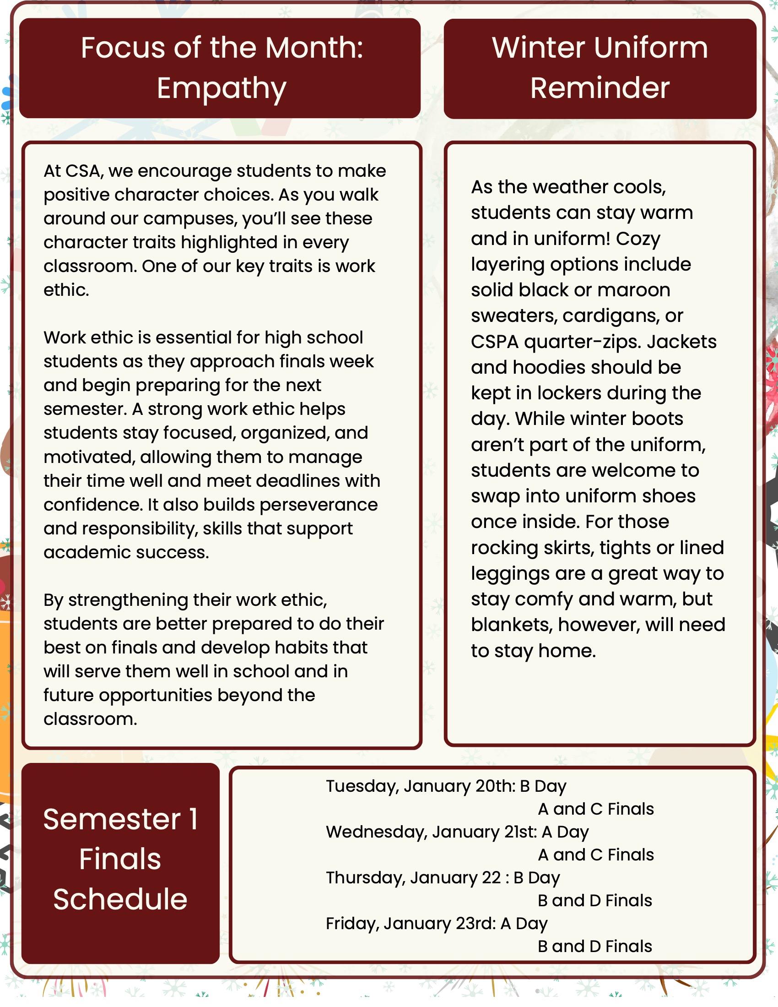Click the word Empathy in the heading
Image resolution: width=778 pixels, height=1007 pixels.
221,88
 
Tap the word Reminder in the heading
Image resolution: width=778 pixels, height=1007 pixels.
600,88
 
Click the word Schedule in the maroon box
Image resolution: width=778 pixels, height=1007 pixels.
120,899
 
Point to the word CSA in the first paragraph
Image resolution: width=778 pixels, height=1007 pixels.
83,171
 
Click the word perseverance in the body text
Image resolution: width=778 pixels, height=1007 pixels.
319,505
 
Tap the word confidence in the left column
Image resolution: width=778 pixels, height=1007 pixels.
92,505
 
